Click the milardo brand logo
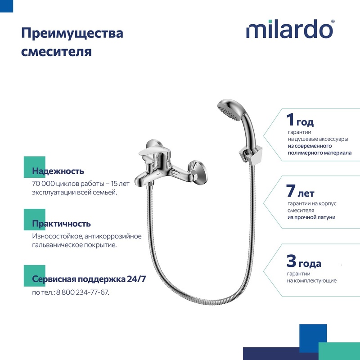tap(290, 29)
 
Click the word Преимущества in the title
tap(72, 33)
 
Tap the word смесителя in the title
tap(57, 51)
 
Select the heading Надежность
tap(58, 171)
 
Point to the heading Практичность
tap(61, 224)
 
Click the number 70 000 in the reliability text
tap(44, 184)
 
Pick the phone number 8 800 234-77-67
tap(82, 292)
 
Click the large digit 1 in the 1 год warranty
tap(290, 120)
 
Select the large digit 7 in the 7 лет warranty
tap(291, 191)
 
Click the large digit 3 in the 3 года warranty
tap(291, 261)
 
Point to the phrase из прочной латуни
tap(311, 217)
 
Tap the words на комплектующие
tap(311, 280)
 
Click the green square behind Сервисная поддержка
tap(35, 276)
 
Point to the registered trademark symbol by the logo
tap(333, 22)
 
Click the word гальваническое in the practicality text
tap(57, 245)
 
